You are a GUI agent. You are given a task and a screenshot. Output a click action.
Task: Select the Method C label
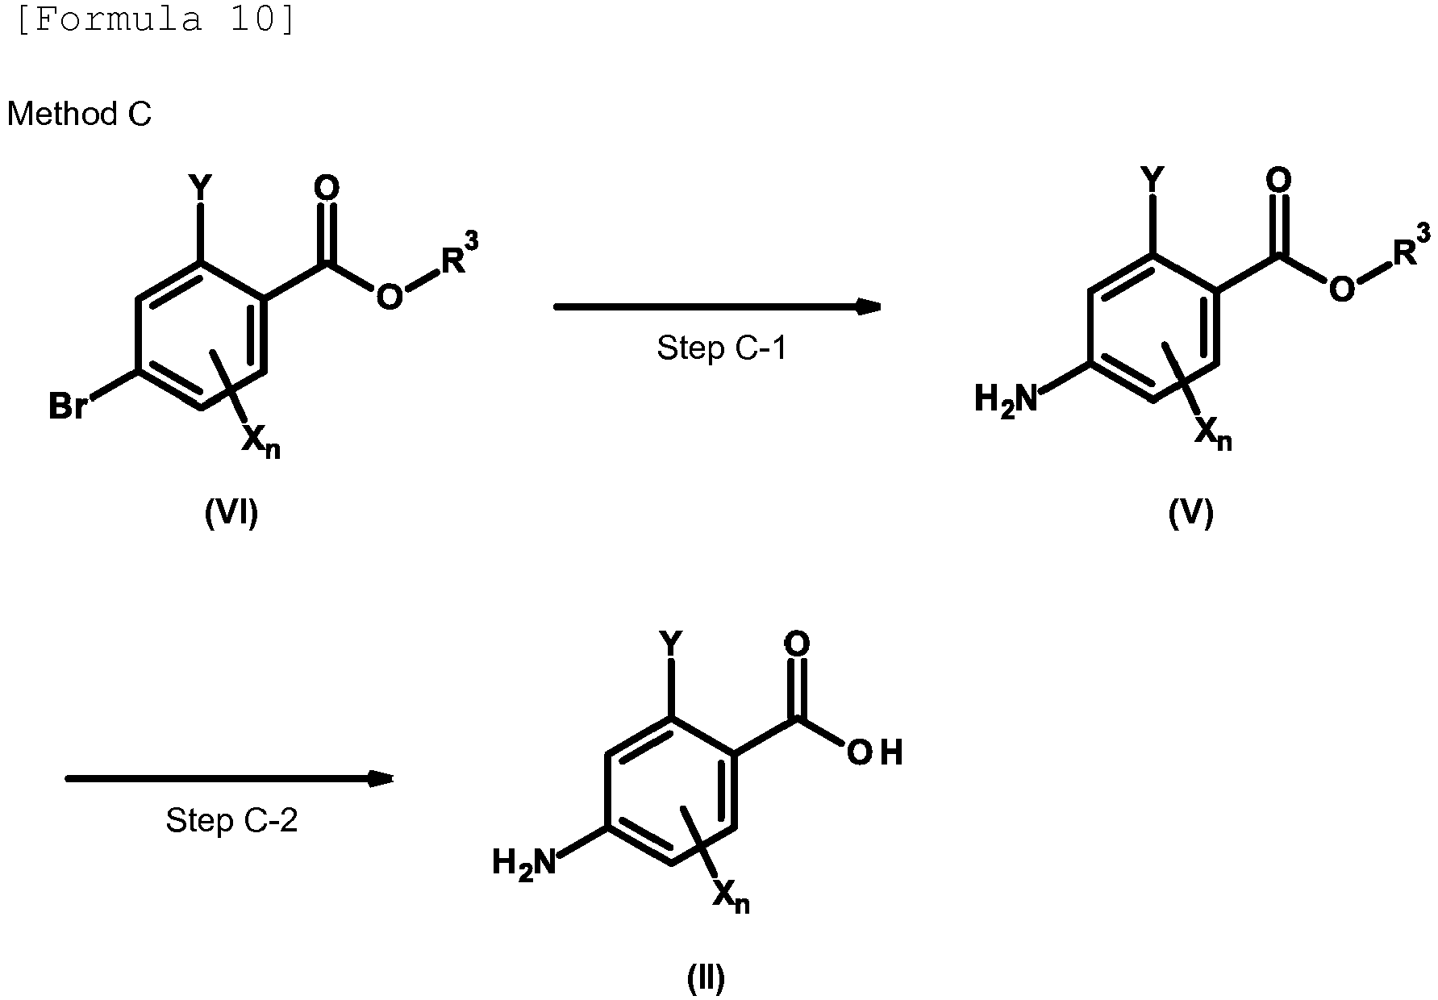tap(79, 114)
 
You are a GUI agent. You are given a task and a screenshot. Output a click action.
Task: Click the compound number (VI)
tap(231, 512)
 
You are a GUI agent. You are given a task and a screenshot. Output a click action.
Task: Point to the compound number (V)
tap(1191, 512)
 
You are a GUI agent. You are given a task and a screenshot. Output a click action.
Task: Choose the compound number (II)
tap(706, 977)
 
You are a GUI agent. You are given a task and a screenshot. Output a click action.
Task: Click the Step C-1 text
tap(721, 348)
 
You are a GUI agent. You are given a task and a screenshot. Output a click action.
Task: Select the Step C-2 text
tap(231, 820)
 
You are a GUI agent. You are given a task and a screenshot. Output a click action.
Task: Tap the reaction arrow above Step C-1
tap(717, 306)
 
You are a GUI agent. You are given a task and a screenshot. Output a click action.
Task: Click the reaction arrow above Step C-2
tap(229, 778)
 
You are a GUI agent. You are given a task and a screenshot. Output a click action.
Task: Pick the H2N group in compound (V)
tap(1006, 400)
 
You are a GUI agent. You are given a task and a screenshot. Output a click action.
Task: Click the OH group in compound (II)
tap(874, 752)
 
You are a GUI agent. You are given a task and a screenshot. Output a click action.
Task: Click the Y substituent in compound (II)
tap(670, 644)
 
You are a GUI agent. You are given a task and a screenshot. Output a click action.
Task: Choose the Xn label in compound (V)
tap(1213, 434)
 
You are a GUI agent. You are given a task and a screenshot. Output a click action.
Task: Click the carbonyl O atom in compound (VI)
tap(326, 190)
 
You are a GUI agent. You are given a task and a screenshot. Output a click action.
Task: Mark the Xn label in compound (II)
tap(732, 897)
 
